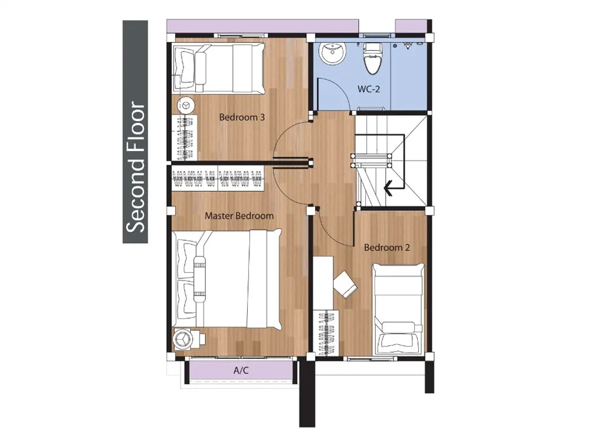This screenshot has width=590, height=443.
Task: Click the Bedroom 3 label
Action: [x=242, y=117]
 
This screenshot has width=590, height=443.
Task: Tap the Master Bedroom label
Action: [x=239, y=216]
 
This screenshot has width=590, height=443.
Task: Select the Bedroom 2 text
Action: [x=387, y=247]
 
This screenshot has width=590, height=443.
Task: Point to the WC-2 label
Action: [x=369, y=89]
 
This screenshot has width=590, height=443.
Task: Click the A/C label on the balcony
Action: [x=241, y=370]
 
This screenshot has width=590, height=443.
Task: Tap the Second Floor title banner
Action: [x=135, y=132]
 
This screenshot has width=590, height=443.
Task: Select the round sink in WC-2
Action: [x=333, y=53]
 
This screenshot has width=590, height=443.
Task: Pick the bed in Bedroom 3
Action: [x=219, y=68]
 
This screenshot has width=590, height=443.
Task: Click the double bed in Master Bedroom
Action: [x=227, y=279]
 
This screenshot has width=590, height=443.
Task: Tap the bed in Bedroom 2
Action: [x=398, y=310]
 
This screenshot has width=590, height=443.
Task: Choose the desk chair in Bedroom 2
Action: [x=346, y=285]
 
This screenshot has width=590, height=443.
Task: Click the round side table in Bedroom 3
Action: [x=185, y=105]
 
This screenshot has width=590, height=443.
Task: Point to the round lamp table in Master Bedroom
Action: [x=183, y=338]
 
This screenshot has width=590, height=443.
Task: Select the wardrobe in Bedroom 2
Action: [x=327, y=333]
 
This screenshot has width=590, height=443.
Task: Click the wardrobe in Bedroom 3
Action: [x=185, y=137]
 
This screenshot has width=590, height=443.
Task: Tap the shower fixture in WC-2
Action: [x=408, y=45]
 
